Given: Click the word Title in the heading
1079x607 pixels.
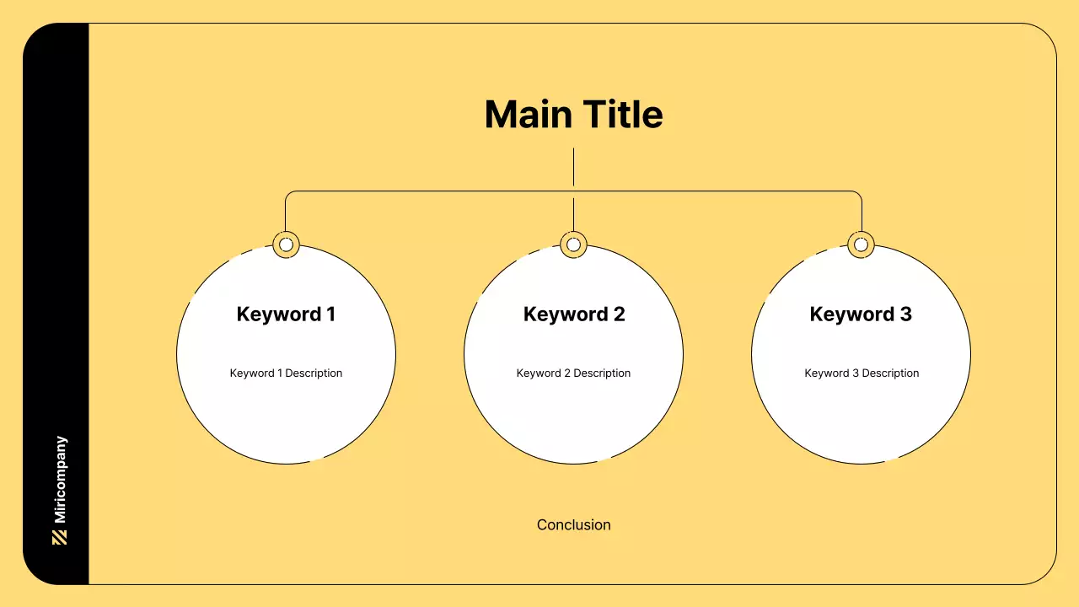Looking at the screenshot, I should coord(623,115).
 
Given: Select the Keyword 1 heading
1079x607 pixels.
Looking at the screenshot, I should coord(286,314).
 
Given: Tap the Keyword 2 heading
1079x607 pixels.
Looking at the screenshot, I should coord(574,314).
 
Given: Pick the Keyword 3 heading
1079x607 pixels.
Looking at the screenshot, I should coord(861,314).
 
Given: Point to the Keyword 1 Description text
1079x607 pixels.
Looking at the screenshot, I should coord(286,373).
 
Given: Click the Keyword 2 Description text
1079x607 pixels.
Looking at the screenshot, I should coord(573,373).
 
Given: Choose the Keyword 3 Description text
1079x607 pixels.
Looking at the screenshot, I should coord(862,373).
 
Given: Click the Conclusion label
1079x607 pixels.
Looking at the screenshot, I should coord(573,525).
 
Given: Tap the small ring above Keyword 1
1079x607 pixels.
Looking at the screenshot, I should coord(286,244).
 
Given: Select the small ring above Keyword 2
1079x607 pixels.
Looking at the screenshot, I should coord(573,244).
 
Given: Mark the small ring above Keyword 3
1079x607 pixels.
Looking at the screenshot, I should coord(861,244).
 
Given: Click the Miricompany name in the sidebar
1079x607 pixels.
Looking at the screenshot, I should coord(60,480).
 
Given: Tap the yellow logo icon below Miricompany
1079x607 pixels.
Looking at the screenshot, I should coord(60,538).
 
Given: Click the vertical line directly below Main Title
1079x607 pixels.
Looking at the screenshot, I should coord(573,167).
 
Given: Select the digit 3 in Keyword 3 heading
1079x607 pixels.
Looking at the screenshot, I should coord(905,314).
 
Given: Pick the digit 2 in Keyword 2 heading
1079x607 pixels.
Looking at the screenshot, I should coord(619,314).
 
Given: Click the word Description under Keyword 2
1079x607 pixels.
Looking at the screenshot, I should coord(602,373).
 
